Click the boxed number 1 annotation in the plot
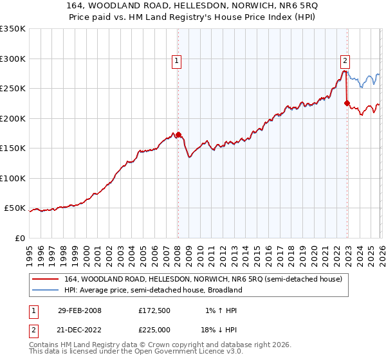176,61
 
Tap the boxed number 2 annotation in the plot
345,61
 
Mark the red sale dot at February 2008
179,135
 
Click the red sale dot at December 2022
347,103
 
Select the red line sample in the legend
46,279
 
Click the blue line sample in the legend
46,290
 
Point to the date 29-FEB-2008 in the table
79,310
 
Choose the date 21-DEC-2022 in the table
79,328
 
